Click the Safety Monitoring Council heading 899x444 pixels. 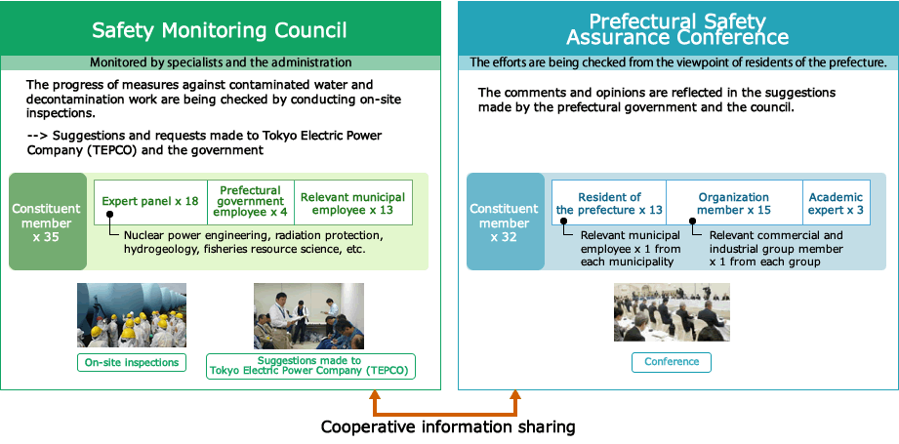click(x=220, y=30)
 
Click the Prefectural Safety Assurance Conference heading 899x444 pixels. click(x=677, y=28)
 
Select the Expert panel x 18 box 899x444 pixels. click(x=150, y=202)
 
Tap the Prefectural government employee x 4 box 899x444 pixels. click(x=250, y=202)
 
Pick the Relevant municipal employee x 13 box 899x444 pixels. click(x=352, y=202)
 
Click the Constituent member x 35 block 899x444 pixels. click(x=48, y=222)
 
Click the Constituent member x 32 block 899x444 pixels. click(x=505, y=222)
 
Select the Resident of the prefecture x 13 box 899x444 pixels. click(x=609, y=203)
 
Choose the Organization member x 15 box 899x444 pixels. click(x=734, y=203)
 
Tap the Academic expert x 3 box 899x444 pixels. click(x=836, y=203)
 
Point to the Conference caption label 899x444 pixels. click(x=672, y=362)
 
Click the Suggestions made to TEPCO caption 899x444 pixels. click(x=310, y=366)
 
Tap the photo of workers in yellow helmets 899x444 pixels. click(x=132, y=316)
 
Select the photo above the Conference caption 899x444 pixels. click(x=672, y=312)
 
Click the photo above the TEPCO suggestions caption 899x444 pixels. click(x=308, y=316)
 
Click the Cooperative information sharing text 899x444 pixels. click(x=448, y=426)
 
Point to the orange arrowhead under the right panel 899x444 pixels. click(x=516, y=397)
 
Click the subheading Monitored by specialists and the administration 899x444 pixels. click(x=220, y=62)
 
